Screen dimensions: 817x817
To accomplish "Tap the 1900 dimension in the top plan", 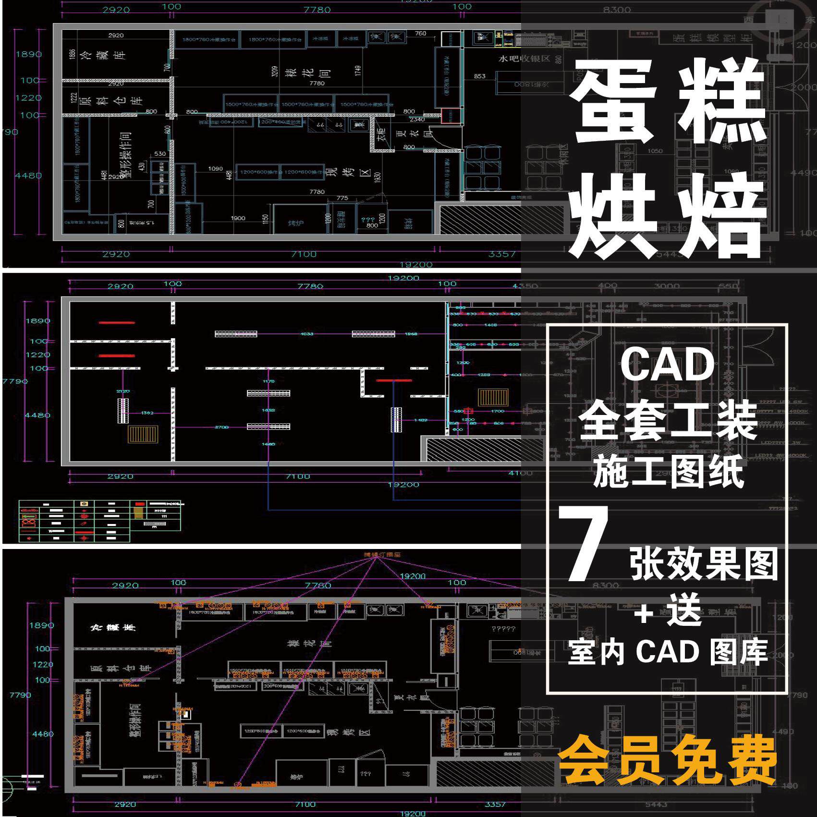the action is [238, 218].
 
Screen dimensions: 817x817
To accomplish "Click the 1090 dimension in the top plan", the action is [215, 169].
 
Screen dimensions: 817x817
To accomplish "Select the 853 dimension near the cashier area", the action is [479, 76].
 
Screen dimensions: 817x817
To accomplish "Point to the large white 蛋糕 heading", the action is [668, 103].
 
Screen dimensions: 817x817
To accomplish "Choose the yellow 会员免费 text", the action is [667, 761].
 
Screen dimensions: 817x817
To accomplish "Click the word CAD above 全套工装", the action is [668, 365].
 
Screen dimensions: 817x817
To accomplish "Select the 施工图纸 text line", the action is [668, 472].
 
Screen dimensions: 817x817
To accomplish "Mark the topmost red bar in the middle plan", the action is [117, 323].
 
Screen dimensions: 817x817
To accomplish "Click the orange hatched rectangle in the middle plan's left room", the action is [143, 434].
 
